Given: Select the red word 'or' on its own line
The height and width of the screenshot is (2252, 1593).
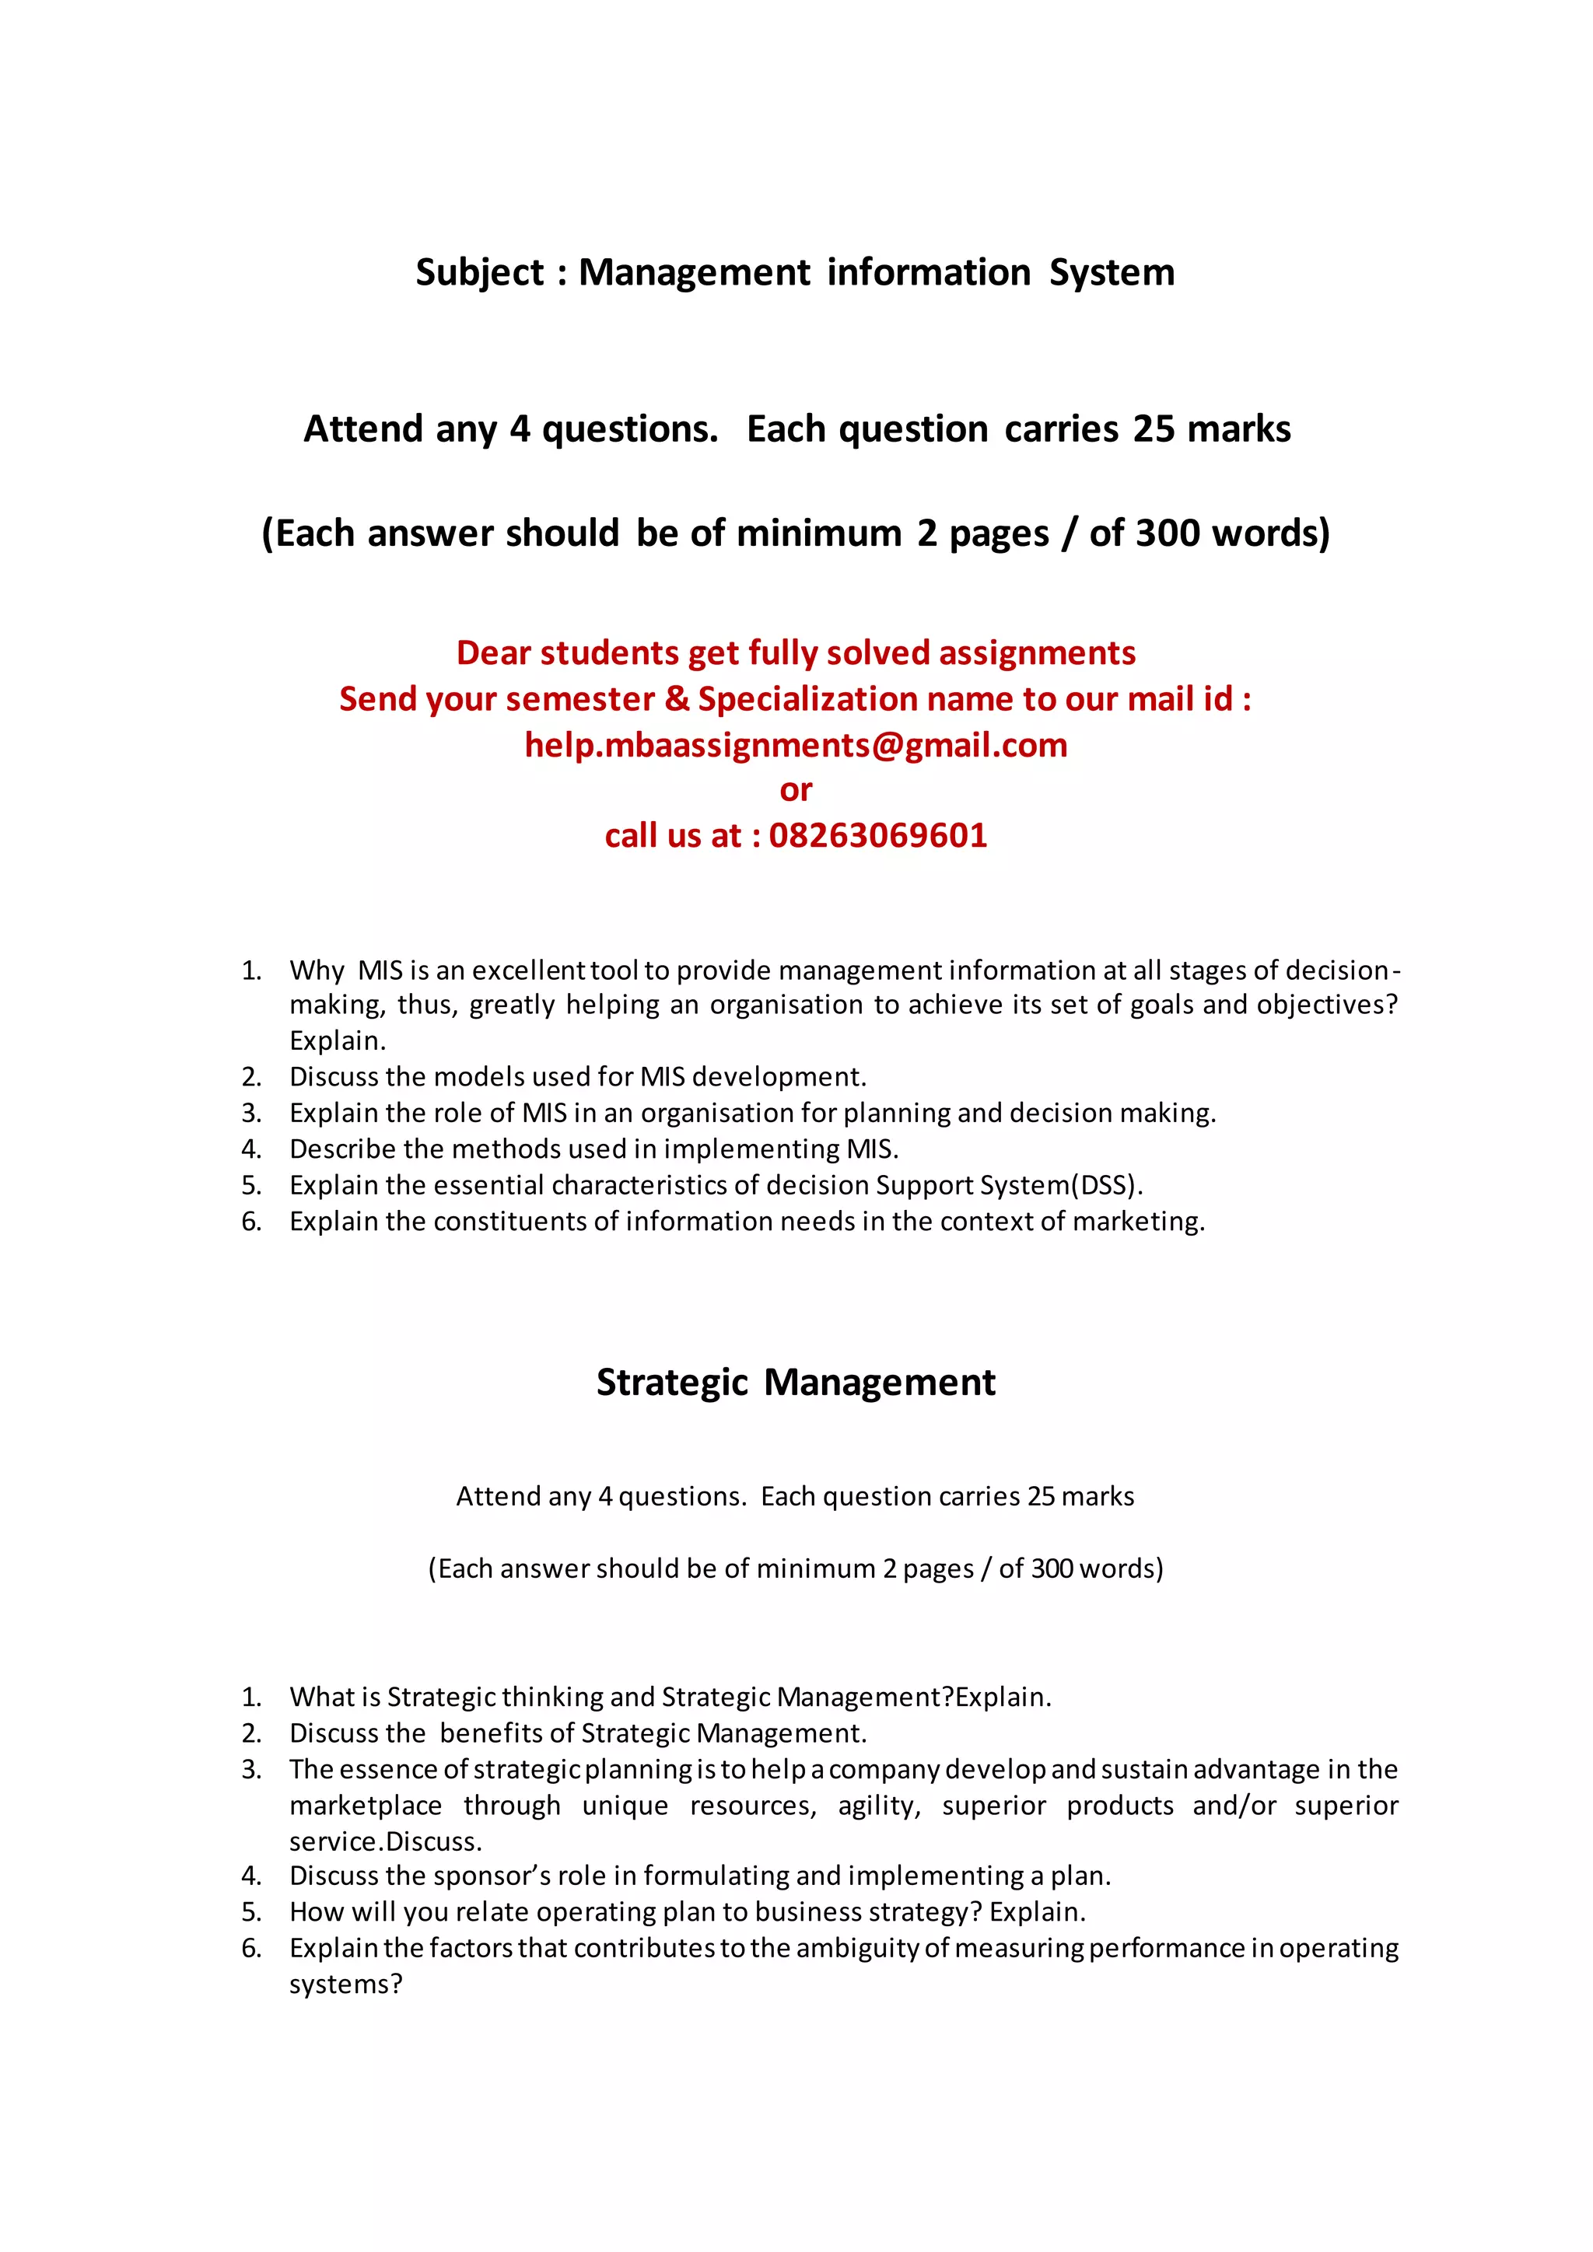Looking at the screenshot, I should [796, 789].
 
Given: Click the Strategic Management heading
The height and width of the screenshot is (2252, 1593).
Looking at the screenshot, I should [796, 1382].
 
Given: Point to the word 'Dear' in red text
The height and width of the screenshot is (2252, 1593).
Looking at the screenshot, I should [493, 653].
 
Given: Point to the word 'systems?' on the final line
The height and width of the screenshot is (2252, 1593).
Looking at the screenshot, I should [345, 1984].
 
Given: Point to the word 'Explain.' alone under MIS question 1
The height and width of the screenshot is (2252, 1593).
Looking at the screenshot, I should [338, 1040].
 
